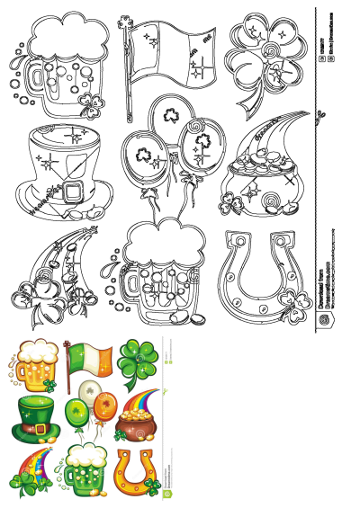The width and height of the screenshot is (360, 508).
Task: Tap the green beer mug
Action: [84, 468]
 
